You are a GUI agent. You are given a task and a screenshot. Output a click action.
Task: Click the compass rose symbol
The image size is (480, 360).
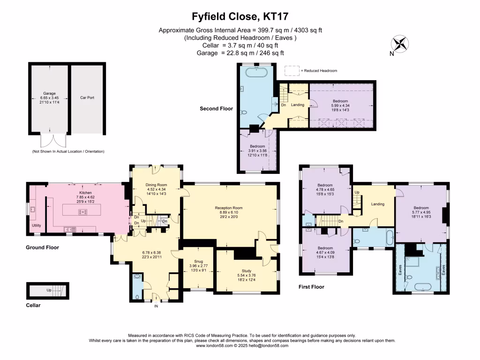point(400,44)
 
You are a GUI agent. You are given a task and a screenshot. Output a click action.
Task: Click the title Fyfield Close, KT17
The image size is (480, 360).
point(240,17)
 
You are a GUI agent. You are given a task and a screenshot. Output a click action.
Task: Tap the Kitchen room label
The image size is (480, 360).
point(85,193)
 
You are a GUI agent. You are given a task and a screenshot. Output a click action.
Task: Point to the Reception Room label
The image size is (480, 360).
point(229,208)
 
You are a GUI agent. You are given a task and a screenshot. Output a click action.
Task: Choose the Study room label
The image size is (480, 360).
point(247,270)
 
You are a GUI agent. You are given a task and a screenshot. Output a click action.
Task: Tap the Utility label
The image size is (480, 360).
point(37,225)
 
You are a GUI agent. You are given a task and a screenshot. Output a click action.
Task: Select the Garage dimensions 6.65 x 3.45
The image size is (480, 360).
point(49,97)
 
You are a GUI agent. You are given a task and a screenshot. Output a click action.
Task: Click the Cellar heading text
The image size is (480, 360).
point(33,306)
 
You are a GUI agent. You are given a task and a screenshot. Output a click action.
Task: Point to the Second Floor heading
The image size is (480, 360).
point(216,109)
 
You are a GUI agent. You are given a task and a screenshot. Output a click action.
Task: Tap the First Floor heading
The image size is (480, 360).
point(311,287)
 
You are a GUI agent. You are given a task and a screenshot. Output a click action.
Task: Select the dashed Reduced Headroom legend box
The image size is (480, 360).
point(292,70)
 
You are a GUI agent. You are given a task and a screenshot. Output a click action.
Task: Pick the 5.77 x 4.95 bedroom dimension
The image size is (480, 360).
point(421,212)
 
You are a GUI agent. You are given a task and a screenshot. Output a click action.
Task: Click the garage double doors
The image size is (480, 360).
point(50,141)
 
